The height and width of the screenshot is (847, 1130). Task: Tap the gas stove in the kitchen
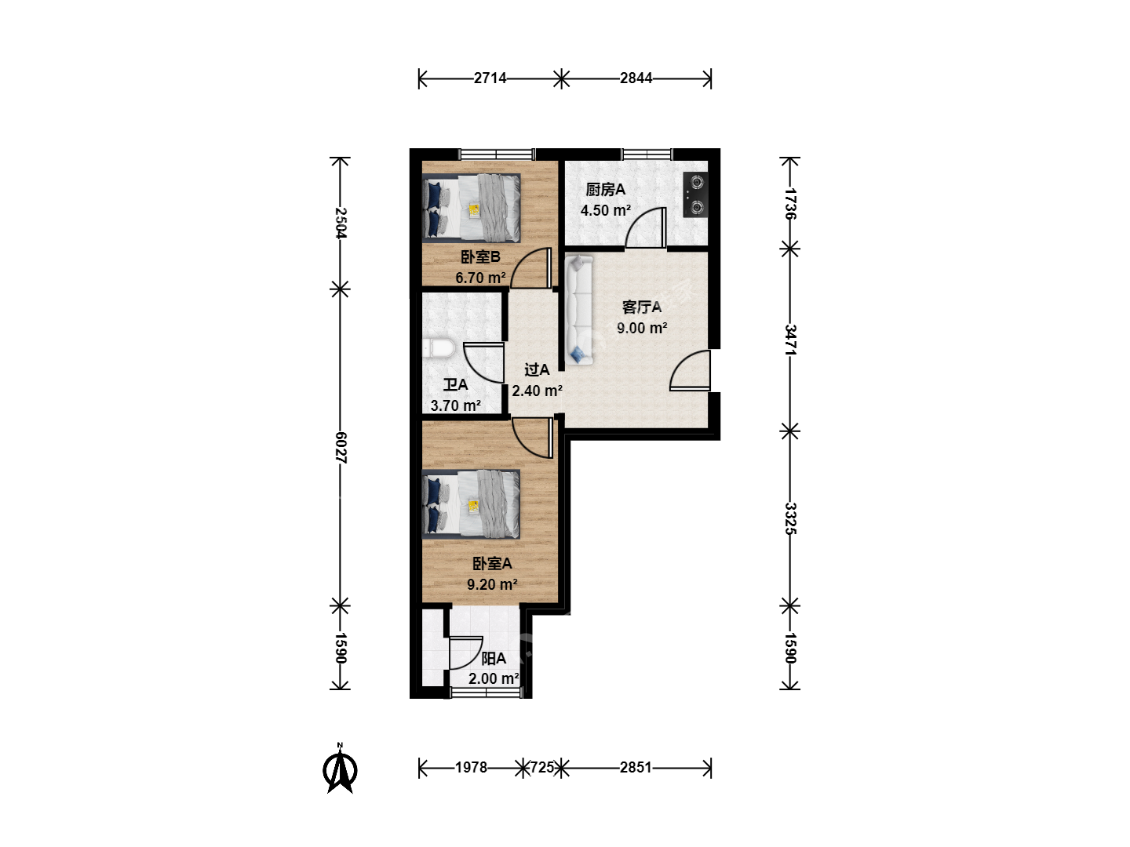click(x=695, y=194)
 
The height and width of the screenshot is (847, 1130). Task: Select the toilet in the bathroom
click(x=438, y=348)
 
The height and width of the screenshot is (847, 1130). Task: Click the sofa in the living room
click(x=578, y=311)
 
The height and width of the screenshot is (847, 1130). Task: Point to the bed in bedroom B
click(x=471, y=208)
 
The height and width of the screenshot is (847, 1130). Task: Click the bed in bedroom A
click(x=471, y=504)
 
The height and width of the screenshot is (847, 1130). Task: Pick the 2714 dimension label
click(x=490, y=78)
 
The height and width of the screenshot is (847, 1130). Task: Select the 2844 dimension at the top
click(x=636, y=78)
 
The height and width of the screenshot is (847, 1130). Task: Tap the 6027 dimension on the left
click(x=341, y=448)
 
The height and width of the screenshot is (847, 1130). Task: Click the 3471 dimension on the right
click(x=789, y=340)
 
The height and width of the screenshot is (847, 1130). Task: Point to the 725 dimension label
click(x=542, y=767)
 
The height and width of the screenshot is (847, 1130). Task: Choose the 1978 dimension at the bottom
click(x=471, y=767)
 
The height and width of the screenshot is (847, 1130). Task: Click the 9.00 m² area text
click(x=642, y=328)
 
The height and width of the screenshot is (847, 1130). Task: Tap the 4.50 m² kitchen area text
click(x=605, y=210)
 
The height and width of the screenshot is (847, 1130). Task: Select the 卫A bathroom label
click(x=456, y=384)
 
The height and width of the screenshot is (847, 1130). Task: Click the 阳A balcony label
click(x=494, y=658)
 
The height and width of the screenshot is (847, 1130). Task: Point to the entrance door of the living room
click(x=691, y=370)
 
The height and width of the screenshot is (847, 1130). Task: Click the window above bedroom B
click(x=497, y=154)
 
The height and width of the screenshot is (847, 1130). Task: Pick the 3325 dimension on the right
click(x=789, y=518)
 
